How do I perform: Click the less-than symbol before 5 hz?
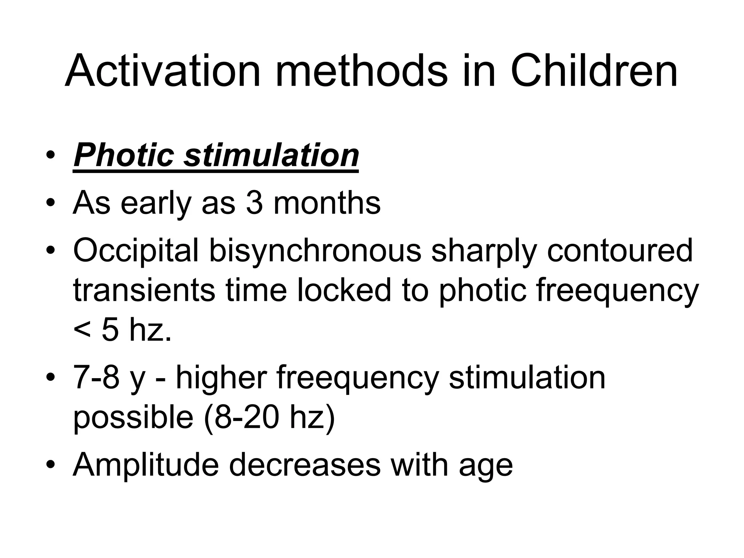pos(82,331)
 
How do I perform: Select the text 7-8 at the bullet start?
pos(96,378)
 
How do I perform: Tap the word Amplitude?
pos(146,465)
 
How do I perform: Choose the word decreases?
pos(304,465)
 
